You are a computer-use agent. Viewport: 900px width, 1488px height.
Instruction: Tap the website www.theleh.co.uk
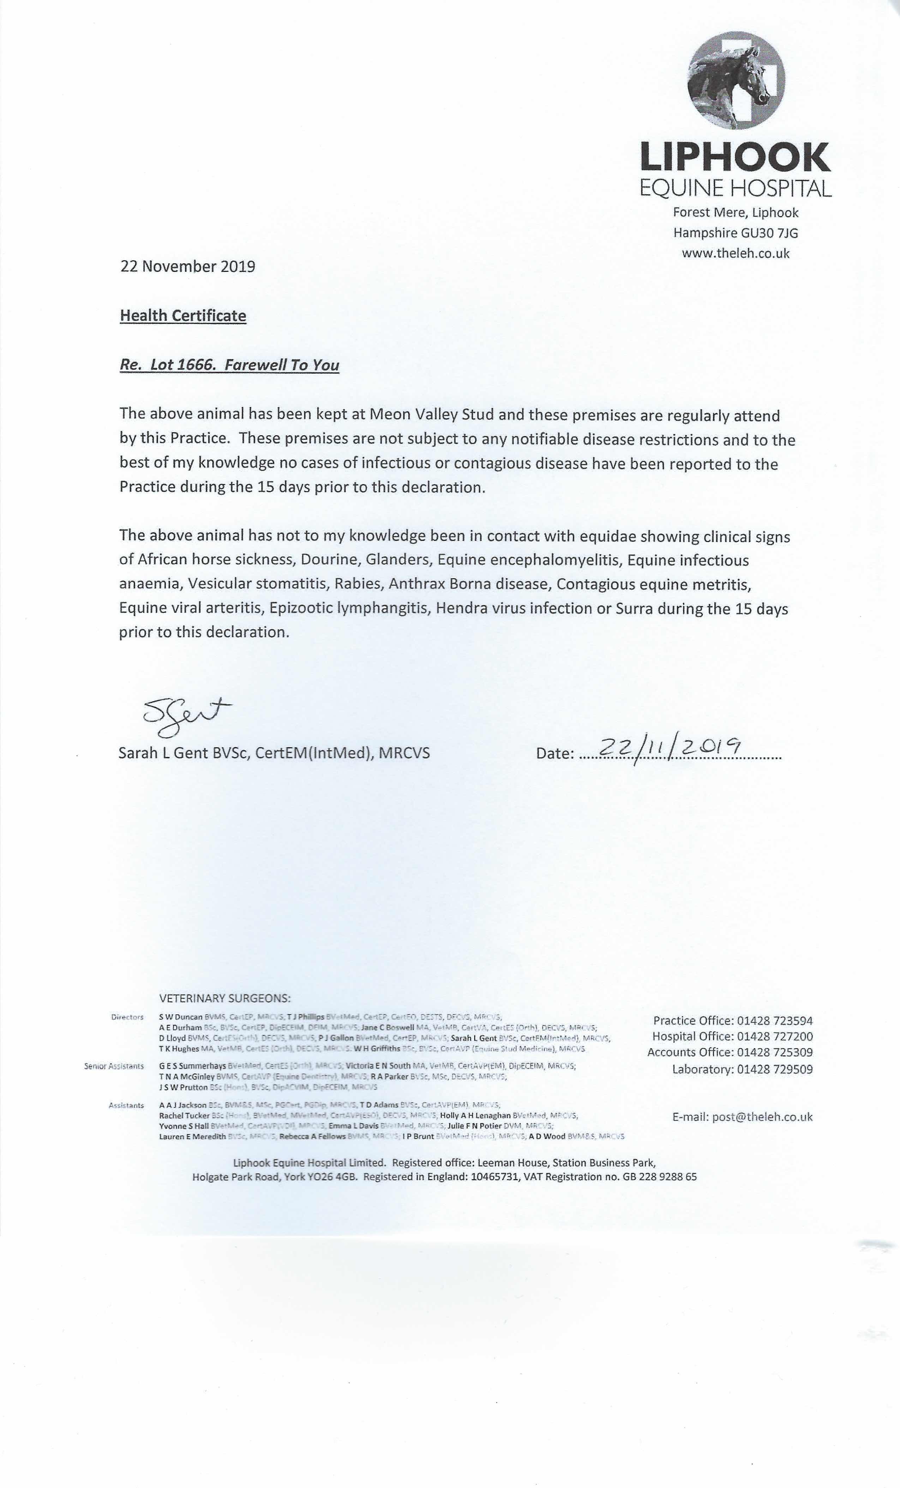(x=735, y=253)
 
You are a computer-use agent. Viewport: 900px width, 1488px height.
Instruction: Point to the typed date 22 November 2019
(x=188, y=266)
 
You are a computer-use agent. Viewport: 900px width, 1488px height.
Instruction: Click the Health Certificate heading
(x=183, y=316)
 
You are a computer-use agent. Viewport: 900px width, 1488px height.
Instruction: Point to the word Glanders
(x=399, y=560)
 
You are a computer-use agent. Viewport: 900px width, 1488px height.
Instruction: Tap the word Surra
(x=634, y=609)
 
